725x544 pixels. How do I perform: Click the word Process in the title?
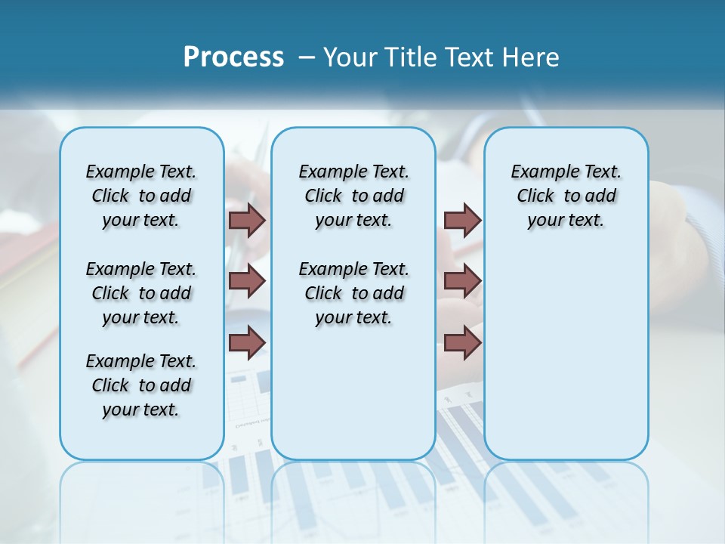233,57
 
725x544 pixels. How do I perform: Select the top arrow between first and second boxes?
246,220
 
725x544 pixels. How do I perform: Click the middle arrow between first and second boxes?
246,280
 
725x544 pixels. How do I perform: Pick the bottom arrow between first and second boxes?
246,342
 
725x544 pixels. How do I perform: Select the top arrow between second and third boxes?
462,220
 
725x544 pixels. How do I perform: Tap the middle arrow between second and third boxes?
462,280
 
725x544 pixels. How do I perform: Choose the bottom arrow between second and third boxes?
462,342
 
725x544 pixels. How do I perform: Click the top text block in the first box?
141,196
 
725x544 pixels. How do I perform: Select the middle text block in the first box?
141,293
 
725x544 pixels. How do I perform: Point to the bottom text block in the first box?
141,385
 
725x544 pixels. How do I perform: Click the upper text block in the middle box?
353,196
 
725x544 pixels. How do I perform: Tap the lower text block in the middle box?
353,293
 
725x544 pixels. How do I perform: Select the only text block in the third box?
566,196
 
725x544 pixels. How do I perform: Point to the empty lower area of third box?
566,355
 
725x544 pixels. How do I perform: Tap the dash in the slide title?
307,57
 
